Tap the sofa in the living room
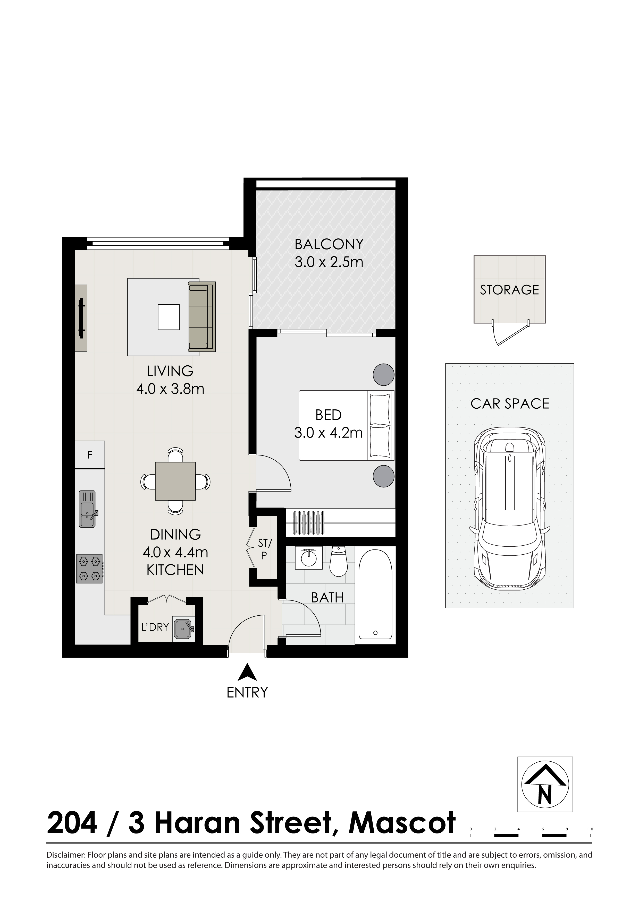[x=202, y=316]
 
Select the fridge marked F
[x=90, y=455]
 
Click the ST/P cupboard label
[x=264, y=549]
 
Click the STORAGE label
[x=510, y=290]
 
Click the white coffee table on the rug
[x=169, y=317]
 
